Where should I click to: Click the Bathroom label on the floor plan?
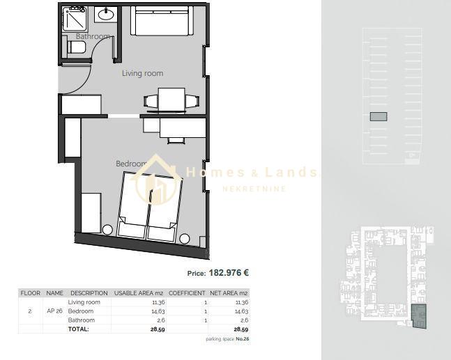(93, 36)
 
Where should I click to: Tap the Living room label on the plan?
(143, 73)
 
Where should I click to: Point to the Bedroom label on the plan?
(132, 164)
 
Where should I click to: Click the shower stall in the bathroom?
(75, 18)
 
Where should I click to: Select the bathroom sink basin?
(105, 15)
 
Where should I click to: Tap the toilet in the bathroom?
(77, 47)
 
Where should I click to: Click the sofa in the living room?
(162, 21)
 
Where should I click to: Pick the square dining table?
(171, 100)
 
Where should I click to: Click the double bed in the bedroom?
(150, 205)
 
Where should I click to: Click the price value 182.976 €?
(229, 273)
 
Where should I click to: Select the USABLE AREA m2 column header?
(139, 293)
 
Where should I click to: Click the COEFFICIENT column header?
(187, 293)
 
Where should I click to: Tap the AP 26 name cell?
(54, 311)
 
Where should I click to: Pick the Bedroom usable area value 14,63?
(159, 311)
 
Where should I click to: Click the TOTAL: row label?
(79, 329)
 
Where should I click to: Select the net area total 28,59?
(241, 329)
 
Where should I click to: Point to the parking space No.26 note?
(227, 339)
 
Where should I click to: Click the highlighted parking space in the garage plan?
(379, 117)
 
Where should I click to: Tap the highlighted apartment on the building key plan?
(419, 316)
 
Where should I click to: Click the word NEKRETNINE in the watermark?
(254, 189)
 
